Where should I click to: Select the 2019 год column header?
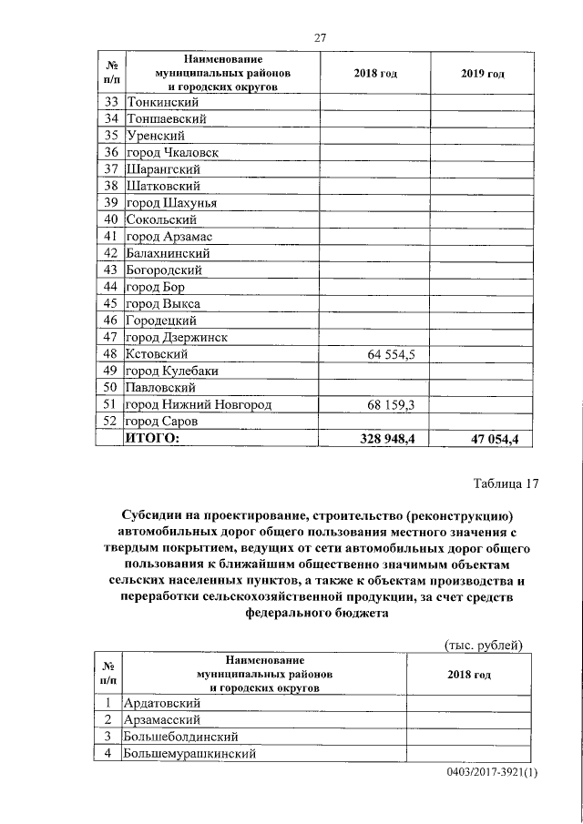(483, 74)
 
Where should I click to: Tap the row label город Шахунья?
(173, 202)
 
